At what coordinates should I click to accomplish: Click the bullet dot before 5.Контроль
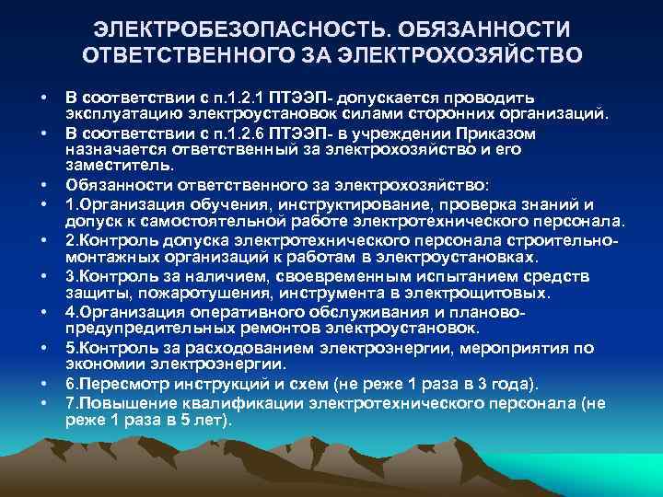[42, 348]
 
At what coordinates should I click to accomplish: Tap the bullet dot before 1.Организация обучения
[42, 204]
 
